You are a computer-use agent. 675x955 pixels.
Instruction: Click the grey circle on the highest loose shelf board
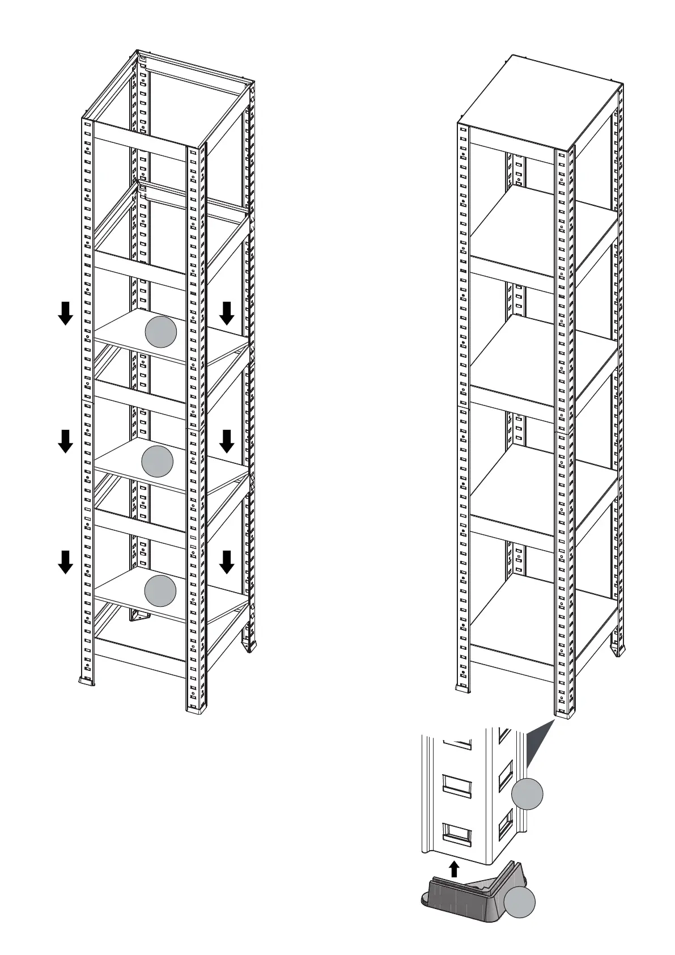pyautogui.click(x=162, y=332)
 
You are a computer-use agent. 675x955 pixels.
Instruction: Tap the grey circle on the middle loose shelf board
pyautogui.click(x=157, y=461)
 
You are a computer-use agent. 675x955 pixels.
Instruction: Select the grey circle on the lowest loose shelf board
pyautogui.click(x=160, y=590)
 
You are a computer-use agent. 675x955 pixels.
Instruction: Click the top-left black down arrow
pyautogui.click(x=66, y=313)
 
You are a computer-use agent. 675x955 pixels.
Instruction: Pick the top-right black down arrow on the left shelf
pyautogui.click(x=227, y=313)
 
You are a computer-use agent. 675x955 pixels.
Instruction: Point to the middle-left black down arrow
pyautogui.click(x=66, y=441)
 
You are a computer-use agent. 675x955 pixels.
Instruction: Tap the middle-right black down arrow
pyautogui.click(x=227, y=441)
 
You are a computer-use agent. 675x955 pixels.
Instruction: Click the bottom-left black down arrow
pyautogui.click(x=66, y=562)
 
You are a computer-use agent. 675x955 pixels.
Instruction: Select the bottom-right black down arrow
pyautogui.click(x=227, y=562)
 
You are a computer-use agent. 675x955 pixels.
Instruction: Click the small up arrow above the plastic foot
pyautogui.click(x=454, y=869)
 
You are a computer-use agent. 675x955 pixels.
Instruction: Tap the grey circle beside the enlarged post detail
pyautogui.click(x=527, y=795)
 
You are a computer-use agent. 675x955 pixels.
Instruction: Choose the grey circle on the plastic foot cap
pyautogui.click(x=520, y=902)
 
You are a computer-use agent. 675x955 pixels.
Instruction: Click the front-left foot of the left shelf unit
pyautogui.click(x=87, y=681)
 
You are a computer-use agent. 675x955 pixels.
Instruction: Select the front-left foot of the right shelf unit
pyautogui.click(x=463, y=687)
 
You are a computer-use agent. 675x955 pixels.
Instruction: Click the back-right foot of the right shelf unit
pyautogui.click(x=617, y=650)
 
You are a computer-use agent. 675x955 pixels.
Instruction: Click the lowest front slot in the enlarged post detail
pyautogui.click(x=456, y=832)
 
